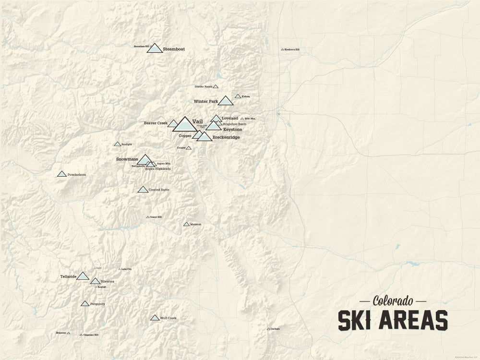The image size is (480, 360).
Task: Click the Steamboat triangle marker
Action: [155, 48]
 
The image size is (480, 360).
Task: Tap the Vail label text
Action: [196, 121]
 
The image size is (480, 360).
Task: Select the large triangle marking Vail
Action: [184, 125]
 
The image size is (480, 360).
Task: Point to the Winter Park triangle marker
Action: [226, 101]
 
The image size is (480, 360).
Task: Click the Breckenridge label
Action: [226, 137]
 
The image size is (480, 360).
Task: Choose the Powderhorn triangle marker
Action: [62, 174]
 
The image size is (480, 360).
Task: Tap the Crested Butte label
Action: [159, 190]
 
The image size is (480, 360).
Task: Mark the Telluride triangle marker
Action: [83, 276]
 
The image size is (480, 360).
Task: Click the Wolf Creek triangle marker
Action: [155, 318]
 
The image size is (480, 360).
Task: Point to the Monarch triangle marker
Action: [186, 224]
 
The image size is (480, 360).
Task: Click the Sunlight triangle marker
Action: [117, 144]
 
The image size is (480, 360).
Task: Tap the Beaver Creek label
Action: [156, 123]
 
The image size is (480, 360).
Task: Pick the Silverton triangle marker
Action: [95, 281]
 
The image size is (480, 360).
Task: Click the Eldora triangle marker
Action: [238, 96]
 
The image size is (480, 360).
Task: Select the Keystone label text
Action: [232, 130]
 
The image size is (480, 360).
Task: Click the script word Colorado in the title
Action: [393, 301]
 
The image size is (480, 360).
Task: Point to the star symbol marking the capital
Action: [278, 114]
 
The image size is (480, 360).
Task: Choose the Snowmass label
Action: [127, 158]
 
